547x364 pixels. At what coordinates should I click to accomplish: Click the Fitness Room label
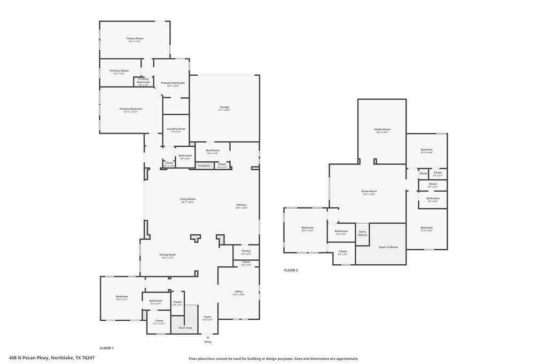point(135,38)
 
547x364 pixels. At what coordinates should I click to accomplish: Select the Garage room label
point(224,107)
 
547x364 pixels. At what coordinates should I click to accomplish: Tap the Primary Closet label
point(119,71)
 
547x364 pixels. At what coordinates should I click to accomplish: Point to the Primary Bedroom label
point(131,109)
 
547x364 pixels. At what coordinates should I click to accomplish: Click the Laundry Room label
point(176,129)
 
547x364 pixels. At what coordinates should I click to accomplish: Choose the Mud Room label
point(212,151)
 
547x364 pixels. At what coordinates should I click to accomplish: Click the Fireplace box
point(204,165)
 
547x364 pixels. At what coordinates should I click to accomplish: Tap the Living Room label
point(187,199)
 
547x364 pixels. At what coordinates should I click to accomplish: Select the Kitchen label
point(241,205)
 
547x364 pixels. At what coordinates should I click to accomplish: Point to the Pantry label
point(246,251)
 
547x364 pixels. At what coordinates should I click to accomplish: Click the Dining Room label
point(168,255)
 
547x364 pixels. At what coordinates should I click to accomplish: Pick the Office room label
point(238,292)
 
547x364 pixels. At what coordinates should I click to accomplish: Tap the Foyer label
point(207,317)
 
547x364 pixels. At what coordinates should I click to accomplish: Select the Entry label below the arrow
point(207,342)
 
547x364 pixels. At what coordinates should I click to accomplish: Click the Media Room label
point(382,129)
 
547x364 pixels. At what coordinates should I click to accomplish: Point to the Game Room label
point(369,192)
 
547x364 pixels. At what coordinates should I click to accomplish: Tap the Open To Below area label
point(388,247)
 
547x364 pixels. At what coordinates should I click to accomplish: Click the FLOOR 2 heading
point(291,270)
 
